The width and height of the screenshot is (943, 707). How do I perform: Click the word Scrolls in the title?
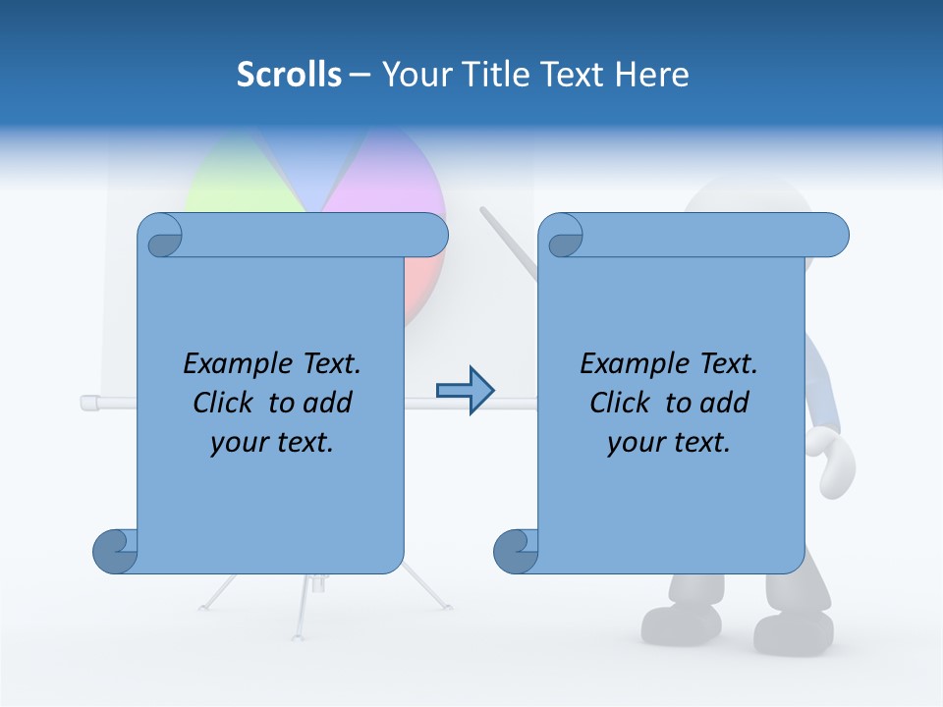coord(289,75)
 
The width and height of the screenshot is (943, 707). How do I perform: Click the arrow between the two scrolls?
coord(465,391)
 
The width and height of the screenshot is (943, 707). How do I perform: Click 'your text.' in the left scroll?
coord(272,443)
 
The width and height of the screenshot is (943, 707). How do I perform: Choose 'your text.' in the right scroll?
coord(669,443)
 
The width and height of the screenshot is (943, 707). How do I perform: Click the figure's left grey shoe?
coord(682,622)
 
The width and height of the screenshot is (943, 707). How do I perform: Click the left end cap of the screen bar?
coord(87,402)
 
